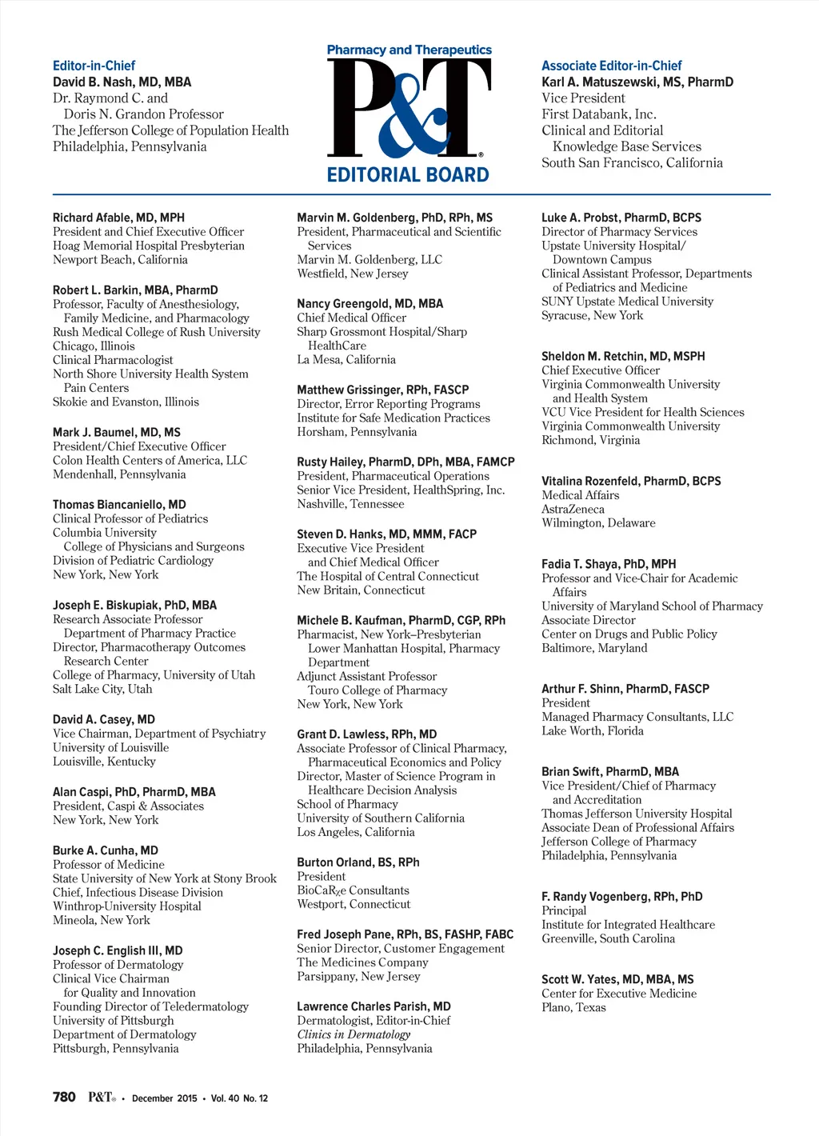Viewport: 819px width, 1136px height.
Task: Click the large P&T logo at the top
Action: pyautogui.click(x=409, y=108)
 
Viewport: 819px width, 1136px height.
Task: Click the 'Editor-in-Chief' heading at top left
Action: pyautogui.click(x=94, y=66)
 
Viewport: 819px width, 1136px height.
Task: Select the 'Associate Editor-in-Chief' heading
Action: pyautogui.click(x=611, y=66)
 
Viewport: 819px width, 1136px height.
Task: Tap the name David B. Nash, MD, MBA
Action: pyautogui.click(x=122, y=82)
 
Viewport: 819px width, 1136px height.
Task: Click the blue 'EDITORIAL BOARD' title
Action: pyautogui.click(x=408, y=174)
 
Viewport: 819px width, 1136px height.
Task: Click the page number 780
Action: pyautogui.click(x=64, y=1097)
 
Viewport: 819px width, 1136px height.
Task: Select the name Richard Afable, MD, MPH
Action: pyautogui.click(x=118, y=218)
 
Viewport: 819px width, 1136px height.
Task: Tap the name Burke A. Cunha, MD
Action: pyautogui.click(x=105, y=850)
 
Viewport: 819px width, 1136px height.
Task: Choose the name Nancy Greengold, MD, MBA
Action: pyautogui.click(x=370, y=303)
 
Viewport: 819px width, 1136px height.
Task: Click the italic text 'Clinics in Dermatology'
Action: pyautogui.click(x=354, y=1034)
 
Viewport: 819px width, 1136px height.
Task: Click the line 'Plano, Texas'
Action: pyautogui.click(x=573, y=1007)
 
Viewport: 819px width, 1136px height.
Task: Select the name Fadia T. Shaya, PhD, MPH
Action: pyautogui.click(x=608, y=564)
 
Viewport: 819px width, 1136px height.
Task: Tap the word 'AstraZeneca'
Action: pyautogui.click(x=573, y=509)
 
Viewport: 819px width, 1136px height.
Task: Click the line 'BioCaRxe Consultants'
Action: pyautogui.click(x=353, y=890)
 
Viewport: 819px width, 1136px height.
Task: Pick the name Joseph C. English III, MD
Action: pyautogui.click(x=118, y=950)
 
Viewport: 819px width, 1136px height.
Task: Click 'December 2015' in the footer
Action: pyautogui.click(x=164, y=1098)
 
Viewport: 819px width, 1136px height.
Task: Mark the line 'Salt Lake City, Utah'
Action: pyautogui.click(x=102, y=689)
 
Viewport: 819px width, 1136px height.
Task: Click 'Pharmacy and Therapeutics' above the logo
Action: pyautogui.click(x=409, y=50)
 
